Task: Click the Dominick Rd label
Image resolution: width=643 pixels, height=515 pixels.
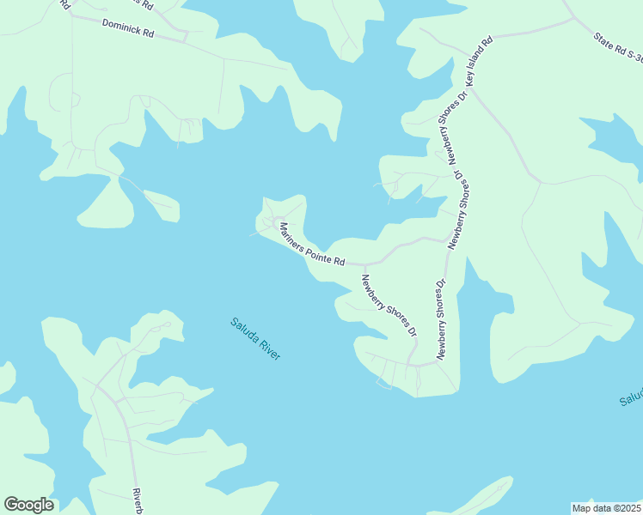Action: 127,28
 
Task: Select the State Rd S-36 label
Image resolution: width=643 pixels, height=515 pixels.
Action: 617,48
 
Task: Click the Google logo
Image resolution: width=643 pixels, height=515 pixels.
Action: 28,505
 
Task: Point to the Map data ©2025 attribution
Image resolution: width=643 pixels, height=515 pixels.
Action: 607,508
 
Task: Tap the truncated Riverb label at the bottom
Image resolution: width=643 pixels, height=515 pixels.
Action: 137,501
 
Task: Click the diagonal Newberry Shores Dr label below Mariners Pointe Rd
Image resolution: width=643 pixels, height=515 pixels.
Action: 389,305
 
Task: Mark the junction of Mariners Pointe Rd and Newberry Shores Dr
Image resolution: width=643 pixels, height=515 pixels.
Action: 364,265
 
